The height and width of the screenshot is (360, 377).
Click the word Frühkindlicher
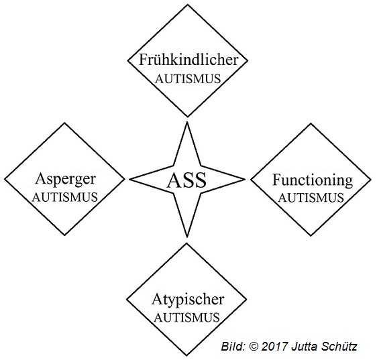click(x=188, y=60)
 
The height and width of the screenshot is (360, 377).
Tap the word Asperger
click(x=66, y=180)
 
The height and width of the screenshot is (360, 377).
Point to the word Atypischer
click(x=188, y=300)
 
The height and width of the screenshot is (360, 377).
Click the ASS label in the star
click(x=186, y=180)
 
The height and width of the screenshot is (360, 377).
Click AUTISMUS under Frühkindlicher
click(x=188, y=79)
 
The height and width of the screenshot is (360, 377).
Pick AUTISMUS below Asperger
click(x=64, y=198)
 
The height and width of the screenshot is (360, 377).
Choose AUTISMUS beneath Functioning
click(x=311, y=198)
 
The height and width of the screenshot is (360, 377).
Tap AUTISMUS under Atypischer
click(x=186, y=318)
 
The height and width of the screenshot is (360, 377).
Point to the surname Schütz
click(x=337, y=347)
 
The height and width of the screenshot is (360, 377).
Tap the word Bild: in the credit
click(x=233, y=347)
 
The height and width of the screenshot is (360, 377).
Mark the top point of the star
click(x=187, y=122)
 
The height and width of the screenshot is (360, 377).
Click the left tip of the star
click(x=130, y=179)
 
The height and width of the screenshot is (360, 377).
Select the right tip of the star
click(x=245, y=179)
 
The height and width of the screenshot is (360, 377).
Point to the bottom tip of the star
click(x=187, y=237)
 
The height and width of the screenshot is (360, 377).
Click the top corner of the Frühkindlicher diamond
click(x=188, y=5)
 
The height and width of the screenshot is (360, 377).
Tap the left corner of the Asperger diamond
click(x=5, y=179)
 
